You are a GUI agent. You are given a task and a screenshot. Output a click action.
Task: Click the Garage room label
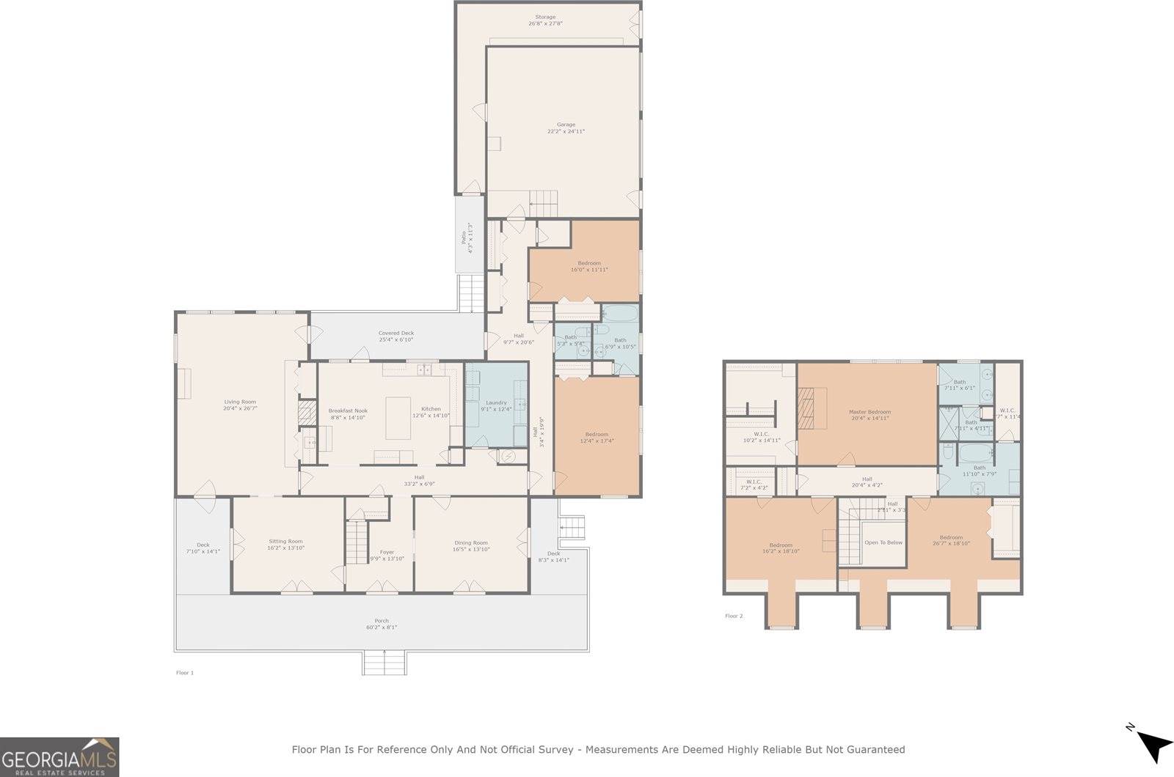tap(566, 125)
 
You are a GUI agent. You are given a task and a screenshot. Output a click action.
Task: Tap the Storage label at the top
tap(545, 17)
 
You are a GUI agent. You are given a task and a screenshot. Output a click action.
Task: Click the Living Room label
tap(240, 402)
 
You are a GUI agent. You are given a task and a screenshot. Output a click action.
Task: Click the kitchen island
tap(398, 417)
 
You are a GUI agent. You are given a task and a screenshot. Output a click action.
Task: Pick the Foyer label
tap(387, 552)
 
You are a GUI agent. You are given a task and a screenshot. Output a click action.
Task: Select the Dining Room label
tap(470, 543)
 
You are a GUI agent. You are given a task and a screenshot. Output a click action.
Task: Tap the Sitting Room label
tap(285, 542)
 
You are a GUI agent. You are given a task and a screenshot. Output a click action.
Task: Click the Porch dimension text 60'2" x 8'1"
tap(382, 627)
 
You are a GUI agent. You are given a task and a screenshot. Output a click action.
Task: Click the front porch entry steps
tap(384, 663)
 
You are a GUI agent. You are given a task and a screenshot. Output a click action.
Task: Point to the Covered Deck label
tap(396, 333)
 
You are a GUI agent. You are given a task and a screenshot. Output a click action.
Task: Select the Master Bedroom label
tap(869, 412)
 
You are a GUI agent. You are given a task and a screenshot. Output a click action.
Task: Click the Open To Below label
tap(883, 542)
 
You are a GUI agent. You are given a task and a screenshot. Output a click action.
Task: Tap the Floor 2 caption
tap(734, 616)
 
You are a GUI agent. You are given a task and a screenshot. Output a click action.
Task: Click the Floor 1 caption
tap(185, 672)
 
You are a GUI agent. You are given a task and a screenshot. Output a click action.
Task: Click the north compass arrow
tap(1153, 745)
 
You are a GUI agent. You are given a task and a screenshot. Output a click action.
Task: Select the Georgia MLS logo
tap(59, 756)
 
